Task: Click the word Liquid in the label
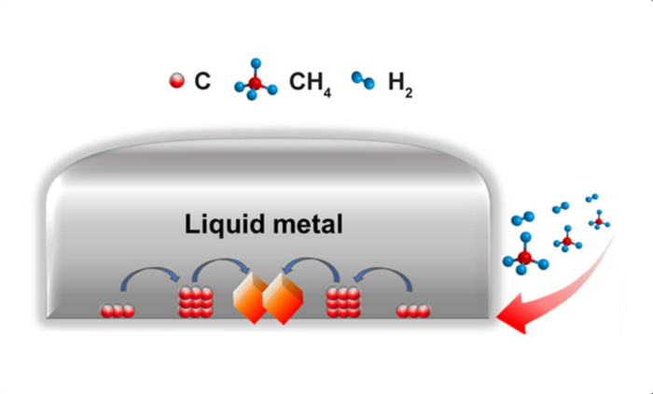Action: (x=225, y=226)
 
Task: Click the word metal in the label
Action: (x=308, y=224)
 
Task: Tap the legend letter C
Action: (x=202, y=81)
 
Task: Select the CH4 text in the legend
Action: (x=311, y=83)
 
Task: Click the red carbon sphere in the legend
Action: (x=176, y=80)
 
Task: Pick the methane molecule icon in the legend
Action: (x=256, y=79)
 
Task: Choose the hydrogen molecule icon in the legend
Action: (x=363, y=80)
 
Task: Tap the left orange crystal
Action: (x=250, y=297)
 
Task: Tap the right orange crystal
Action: (x=283, y=299)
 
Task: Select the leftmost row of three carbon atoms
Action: (x=118, y=311)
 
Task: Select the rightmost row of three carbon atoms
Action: (x=413, y=311)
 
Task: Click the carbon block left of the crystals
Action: (x=196, y=303)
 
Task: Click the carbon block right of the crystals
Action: (x=343, y=303)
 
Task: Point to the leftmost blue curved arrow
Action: (x=151, y=269)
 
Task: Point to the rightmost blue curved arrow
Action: (x=383, y=269)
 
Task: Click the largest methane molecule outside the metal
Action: (x=525, y=254)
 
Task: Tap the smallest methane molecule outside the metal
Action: (x=599, y=220)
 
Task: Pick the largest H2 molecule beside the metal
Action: (x=523, y=218)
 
